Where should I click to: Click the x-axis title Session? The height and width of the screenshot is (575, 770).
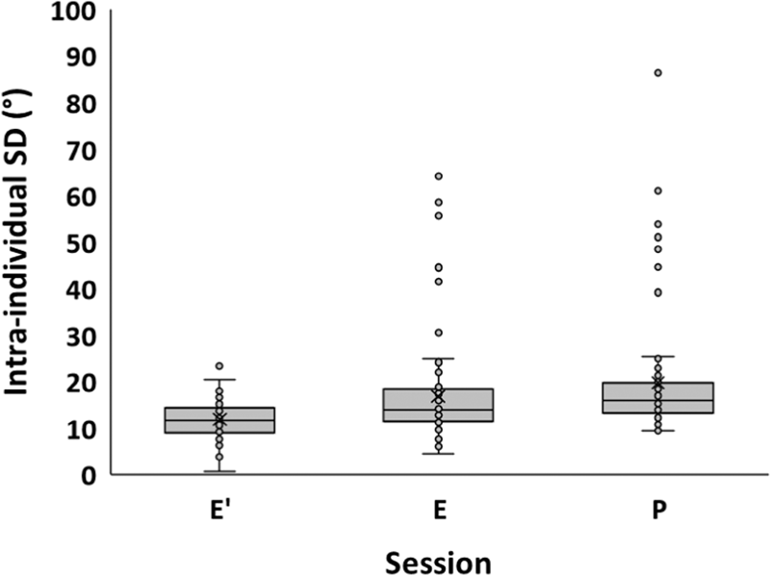pyautogui.click(x=439, y=561)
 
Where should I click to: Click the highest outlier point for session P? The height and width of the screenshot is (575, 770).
pyautogui.click(x=658, y=73)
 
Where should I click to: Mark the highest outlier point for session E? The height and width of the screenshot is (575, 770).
pyautogui.click(x=439, y=176)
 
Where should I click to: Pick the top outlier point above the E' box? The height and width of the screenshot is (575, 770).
pyautogui.click(x=219, y=366)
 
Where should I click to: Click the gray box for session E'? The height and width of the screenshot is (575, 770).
pyautogui.click(x=219, y=420)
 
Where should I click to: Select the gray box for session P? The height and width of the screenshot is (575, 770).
pyautogui.click(x=658, y=398)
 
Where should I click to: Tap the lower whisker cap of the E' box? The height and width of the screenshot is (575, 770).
pyautogui.click(x=219, y=472)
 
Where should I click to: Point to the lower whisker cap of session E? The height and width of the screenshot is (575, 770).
pyautogui.click(x=439, y=453)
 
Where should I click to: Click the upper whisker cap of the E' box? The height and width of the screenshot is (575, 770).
pyautogui.click(x=219, y=380)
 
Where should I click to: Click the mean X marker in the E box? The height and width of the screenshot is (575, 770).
pyautogui.click(x=439, y=396)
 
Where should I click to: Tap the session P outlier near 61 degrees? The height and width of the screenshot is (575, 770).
pyautogui.click(x=658, y=191)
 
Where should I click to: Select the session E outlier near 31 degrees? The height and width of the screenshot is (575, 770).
pyautogui.click(x=439, y=333)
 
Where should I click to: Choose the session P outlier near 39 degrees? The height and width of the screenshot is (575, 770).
pyautogui.click(x=658, y=292)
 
